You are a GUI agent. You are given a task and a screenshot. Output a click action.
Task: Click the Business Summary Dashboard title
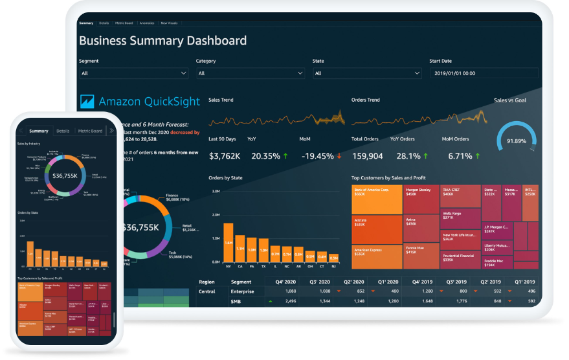[162, 41]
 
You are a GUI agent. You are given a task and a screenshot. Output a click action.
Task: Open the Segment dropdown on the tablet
[133, 74]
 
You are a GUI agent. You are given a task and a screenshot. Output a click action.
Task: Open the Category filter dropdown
[250, 74]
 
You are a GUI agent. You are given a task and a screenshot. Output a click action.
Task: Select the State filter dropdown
[367, 74]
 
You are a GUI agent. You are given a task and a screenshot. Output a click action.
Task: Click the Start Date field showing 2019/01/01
[484, 74]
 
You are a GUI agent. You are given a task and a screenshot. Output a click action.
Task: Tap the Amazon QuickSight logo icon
[87, 102]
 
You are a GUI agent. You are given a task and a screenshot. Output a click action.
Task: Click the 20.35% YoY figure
[265, 156]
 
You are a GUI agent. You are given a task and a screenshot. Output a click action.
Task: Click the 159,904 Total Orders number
[367, 156]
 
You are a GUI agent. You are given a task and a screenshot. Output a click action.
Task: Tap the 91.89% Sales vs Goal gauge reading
[516, 141]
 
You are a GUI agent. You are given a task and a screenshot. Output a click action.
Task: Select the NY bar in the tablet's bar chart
[228, 243]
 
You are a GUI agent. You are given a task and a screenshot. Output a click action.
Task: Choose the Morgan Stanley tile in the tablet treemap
[420, 199]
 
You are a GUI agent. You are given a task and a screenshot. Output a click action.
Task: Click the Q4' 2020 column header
[284, 282]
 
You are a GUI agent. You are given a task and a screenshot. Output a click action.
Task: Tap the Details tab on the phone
[63, 131]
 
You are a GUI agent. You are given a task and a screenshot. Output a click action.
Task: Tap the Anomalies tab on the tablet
[147, 23]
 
